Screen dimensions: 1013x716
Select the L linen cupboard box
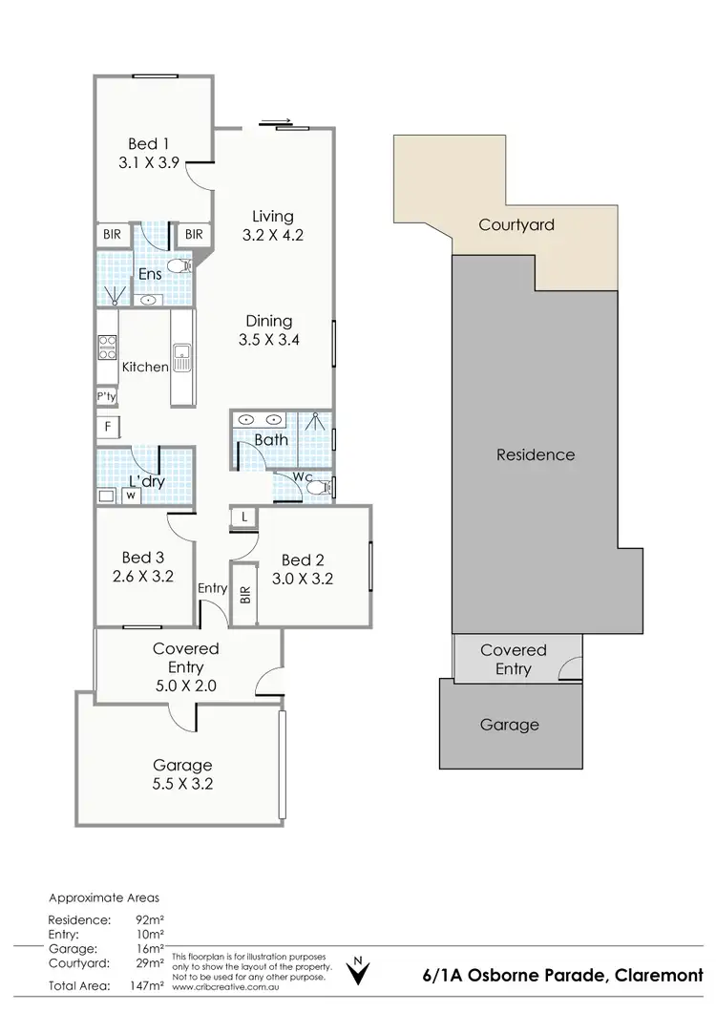pos(245,517)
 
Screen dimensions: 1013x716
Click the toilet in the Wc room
pos(318,488)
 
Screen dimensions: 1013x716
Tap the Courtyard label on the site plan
pos(516,225)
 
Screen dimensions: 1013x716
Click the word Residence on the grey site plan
pos(536,454)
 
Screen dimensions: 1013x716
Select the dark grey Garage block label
pos(509,725)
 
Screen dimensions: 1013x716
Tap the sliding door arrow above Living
pos(274,121)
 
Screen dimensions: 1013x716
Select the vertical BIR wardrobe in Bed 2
pos(245,596)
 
